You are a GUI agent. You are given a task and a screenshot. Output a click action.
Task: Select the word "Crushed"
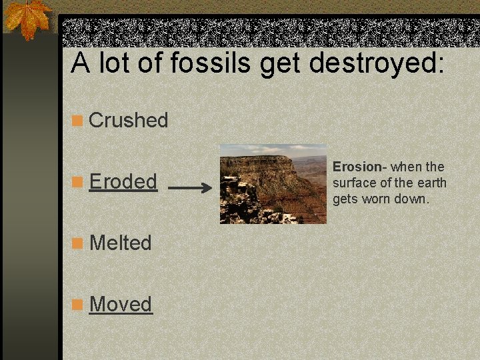[x=128, y=121]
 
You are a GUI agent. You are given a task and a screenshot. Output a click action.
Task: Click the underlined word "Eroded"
[x=123, y=181]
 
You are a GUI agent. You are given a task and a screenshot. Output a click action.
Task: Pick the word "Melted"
[x=120, y=243]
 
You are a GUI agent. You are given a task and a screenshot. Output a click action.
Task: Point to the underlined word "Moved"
[x=121, y=304]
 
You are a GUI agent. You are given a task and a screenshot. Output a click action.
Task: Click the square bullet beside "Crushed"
[x=78, y=121]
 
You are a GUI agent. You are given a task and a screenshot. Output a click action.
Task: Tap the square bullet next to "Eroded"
[x=78, y=182]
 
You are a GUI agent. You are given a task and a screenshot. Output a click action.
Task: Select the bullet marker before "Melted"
[x=78, y=243]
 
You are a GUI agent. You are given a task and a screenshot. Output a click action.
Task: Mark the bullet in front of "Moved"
[x=78, y=305]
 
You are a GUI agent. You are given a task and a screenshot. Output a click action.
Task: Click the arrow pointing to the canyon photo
[x=189, y=189]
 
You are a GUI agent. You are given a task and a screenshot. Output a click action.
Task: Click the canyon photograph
[x=273, y=184]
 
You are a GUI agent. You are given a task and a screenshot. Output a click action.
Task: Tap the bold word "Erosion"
[x=355, y=167]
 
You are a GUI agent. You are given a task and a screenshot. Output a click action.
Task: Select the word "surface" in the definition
[x=353, y=183]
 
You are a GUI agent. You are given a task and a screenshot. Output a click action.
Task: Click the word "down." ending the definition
[x=413, y=199]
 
